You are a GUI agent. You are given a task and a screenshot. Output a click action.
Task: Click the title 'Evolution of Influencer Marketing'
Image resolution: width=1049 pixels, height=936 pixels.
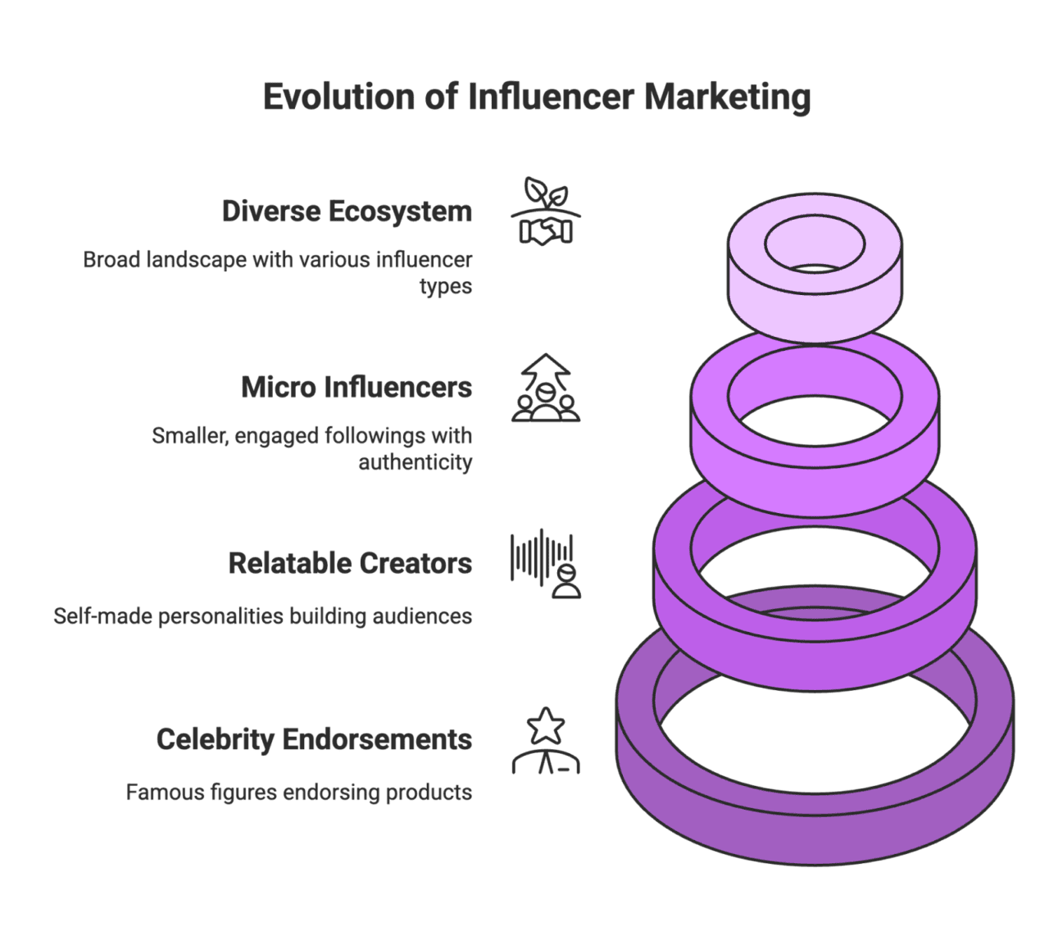click(537, 97)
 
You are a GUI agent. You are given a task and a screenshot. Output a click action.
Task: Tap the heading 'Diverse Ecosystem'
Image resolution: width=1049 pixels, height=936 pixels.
click(347, 211)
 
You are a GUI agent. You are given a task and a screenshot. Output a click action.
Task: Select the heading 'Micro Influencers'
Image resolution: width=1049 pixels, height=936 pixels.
click(356, 387)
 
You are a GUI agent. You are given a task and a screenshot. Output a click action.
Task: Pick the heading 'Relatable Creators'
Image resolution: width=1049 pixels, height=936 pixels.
click(350, 563)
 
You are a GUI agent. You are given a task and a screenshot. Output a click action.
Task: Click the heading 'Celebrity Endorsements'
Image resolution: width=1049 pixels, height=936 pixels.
click(314, 739)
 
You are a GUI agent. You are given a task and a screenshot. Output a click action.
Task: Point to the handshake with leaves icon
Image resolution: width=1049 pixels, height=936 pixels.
click(546, 211)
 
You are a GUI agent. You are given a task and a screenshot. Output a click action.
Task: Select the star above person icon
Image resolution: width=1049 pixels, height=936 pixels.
click(546, 741)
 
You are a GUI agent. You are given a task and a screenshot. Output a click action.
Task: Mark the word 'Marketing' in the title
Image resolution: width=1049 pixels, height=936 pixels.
click(727, 97)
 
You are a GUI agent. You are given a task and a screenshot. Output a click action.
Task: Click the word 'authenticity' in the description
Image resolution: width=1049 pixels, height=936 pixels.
click(415, 462)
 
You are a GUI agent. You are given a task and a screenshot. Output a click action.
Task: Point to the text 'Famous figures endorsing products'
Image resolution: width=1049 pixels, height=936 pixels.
click(299, 793)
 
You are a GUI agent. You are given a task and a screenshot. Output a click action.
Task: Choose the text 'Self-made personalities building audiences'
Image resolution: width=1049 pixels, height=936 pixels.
click(263, 616)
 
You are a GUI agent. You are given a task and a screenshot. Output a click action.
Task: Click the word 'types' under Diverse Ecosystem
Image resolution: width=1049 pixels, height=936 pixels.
click(446, 287)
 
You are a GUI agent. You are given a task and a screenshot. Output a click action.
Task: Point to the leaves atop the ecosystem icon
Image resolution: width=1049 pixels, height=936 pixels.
click(546, 192)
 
